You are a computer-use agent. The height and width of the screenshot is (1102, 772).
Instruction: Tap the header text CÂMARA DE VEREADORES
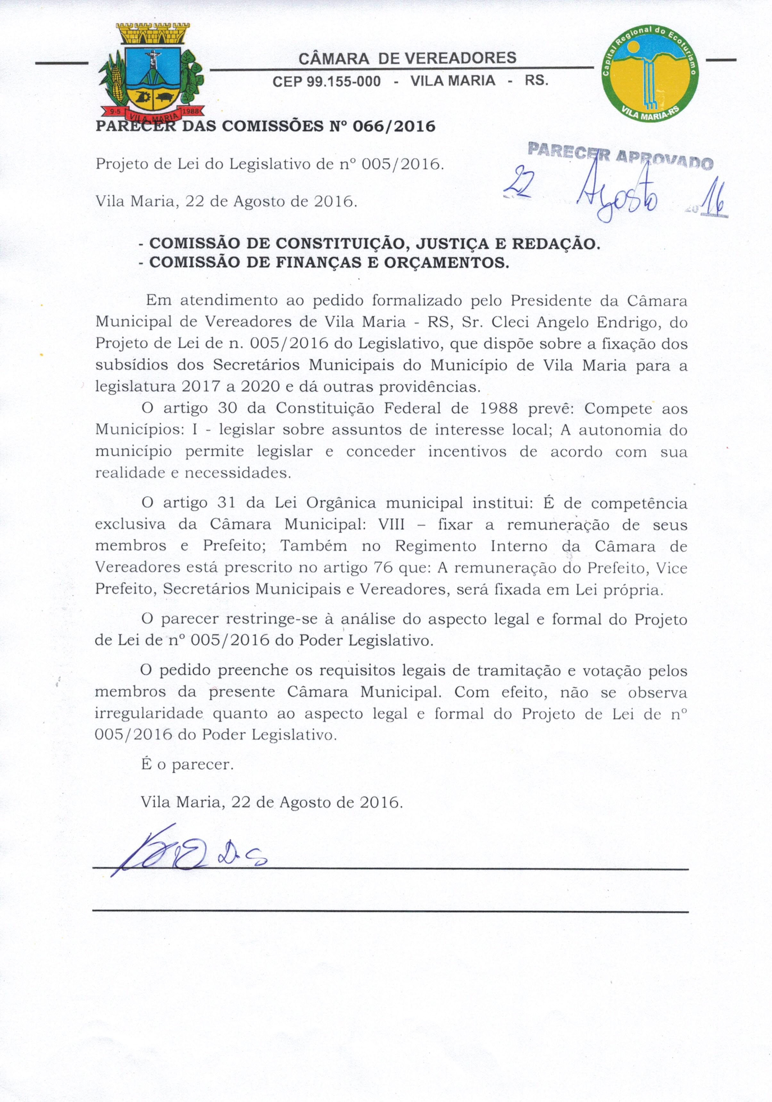click(407, 58)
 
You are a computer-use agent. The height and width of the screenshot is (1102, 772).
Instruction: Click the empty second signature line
click(390, 911)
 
